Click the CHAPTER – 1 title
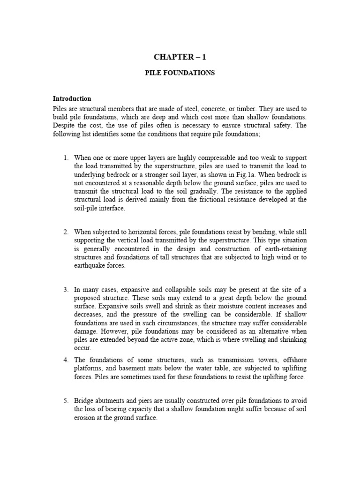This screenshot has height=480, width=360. click(x=180, y=57)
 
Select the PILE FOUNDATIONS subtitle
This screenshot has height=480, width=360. click(x=180, y=74)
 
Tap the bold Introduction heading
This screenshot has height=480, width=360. click(x=72, y=99)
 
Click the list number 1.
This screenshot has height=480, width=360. click(x=66, y=157)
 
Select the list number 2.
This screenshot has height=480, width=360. click(x=66, y=232)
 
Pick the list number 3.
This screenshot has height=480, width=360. click(x=66, y=290)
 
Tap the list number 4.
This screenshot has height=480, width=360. click(x=66, y=360)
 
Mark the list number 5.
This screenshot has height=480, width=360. click(x=66, y=401)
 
